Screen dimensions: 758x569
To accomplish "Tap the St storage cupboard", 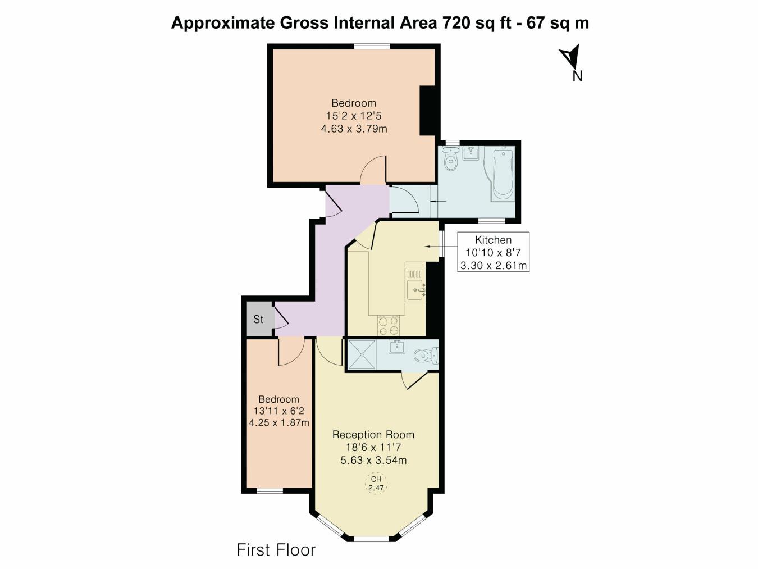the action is (x=258, y=319).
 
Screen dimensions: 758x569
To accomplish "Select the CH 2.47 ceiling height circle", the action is (x=376, y=483).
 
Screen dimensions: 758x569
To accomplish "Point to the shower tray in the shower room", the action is (x=362, y=354).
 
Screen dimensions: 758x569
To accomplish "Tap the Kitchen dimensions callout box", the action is (x=493, y=252).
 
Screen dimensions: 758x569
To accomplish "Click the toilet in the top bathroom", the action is (x=450, y=158).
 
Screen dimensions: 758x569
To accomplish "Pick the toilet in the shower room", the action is (x=426, y=355).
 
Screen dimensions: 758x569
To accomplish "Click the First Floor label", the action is (x=276, y=550).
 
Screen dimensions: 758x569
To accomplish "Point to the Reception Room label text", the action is (x=373, y=434).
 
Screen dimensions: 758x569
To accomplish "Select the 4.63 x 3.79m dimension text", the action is (x=354, y=129).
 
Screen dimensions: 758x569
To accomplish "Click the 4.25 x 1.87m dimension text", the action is (x=279, y=422).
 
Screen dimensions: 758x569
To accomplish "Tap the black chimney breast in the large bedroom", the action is (x=427, y=110).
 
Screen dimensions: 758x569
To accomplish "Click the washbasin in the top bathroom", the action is (x=470, y=154).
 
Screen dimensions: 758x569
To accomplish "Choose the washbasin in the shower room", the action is (x=397, y=347).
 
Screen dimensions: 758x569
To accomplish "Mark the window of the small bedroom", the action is (x=270, y=490).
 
